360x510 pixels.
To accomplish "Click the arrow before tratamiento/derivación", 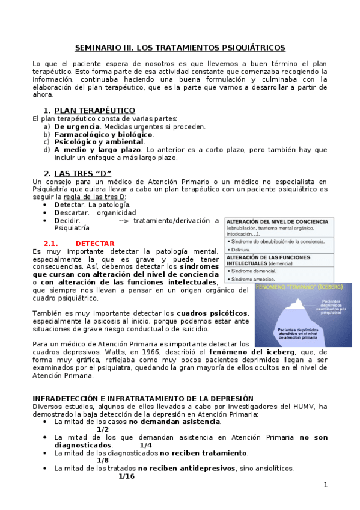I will point(124,220).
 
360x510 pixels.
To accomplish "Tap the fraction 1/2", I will point(103,429).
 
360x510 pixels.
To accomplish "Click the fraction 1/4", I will point(145,445).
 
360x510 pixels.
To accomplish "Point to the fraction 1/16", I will point(126,476).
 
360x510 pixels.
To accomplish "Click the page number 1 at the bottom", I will point(325,485).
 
